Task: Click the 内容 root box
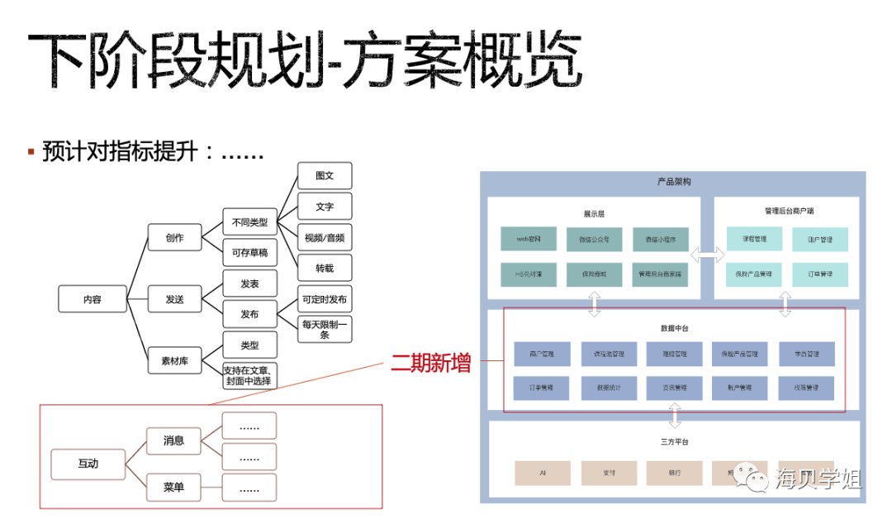93,299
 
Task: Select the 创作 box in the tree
174,238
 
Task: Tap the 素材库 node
174,360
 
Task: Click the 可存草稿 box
249,253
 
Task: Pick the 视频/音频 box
325,238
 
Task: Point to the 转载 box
325,268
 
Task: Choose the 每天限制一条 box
325,330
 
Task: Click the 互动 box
88,464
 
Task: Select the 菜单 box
174,488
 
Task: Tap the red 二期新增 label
430,362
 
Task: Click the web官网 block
529,239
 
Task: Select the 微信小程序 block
661,239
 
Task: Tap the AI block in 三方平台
543,473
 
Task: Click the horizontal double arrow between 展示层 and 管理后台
707,256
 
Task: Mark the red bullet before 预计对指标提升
31,151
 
